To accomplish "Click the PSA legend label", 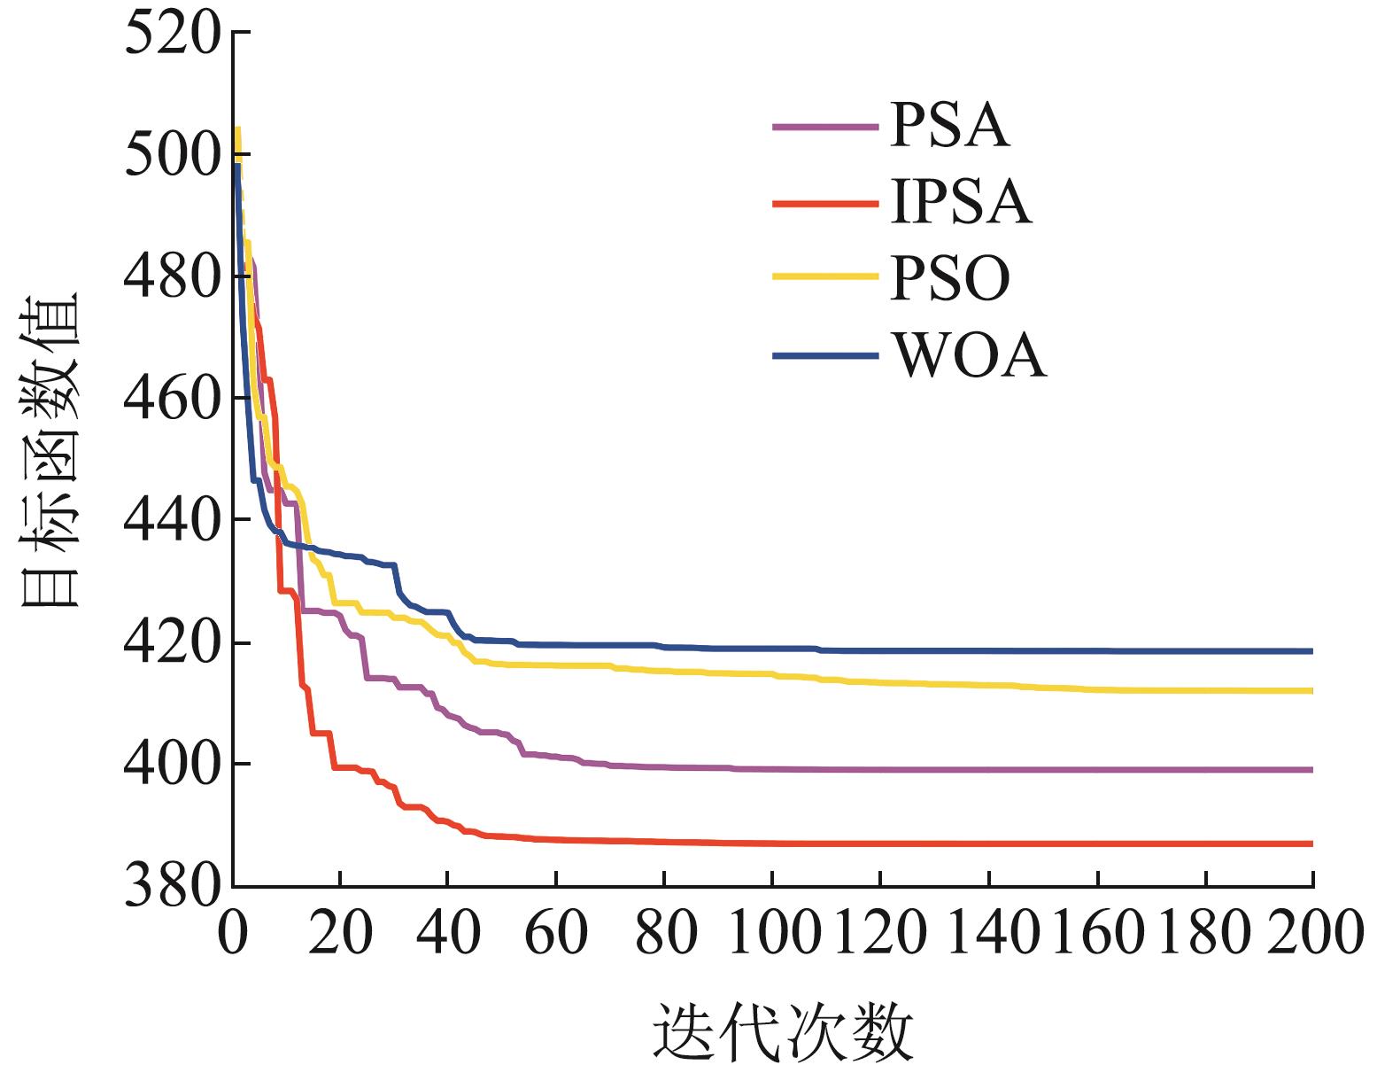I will [949, 127].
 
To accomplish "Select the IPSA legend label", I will [961, 203].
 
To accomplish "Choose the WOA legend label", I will [970, 356].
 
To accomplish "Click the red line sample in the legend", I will [825, 204].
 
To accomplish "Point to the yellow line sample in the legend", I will [825, 278].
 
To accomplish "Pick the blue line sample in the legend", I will [825, 356].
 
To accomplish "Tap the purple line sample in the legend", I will [825, 128].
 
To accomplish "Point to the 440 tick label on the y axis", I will [171, 522].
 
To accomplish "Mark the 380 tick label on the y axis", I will [171, 886].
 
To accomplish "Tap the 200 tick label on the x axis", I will [1312, 933].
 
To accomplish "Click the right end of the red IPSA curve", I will [1311, 843].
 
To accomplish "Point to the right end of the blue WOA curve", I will [1311, 651].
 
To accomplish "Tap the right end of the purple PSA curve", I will [1311, 770].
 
